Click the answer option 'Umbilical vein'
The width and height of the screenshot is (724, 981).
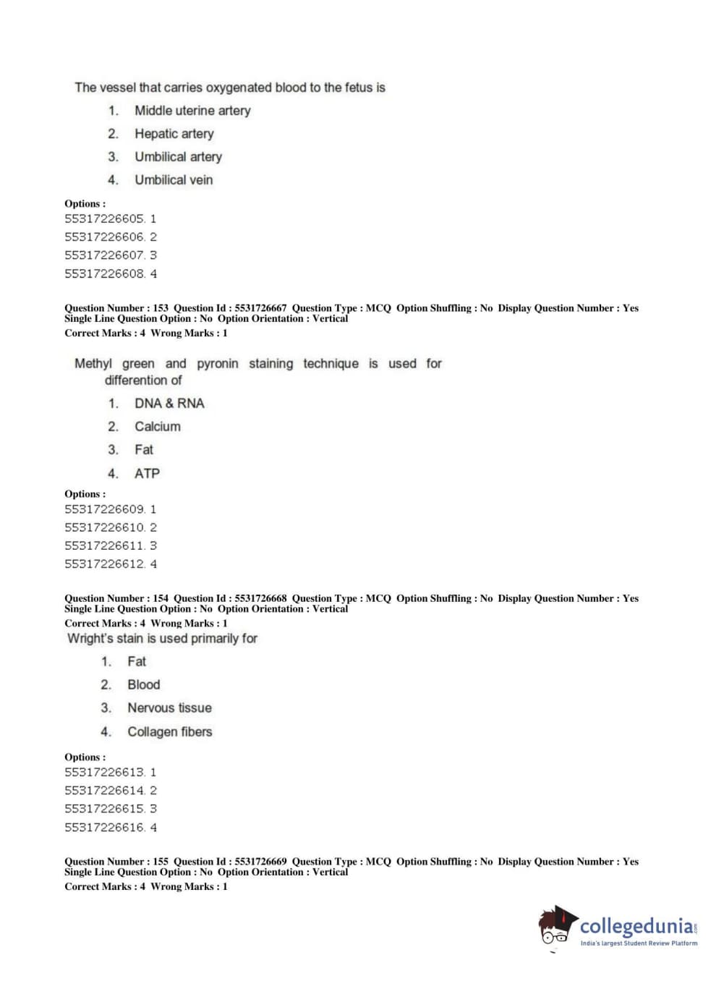[x=174, y=180]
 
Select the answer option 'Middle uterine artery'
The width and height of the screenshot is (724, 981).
[x=192, y=111]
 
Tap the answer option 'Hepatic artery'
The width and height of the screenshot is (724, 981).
[x=174, y=134]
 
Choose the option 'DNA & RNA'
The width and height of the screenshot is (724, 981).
[x=169, y=404]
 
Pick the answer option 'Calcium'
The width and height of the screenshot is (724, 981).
[x=157, y=427]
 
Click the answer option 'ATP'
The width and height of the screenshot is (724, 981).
[x=147, y=474]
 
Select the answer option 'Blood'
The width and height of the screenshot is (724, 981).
[x=143, y=685]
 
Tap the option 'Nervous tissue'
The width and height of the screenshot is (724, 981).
[x=169, y=708]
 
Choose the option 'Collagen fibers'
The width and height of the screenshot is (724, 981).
[x=169, y=732]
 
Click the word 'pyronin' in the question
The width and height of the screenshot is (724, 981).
[x=217, y=364]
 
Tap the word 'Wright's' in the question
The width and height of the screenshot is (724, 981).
[x=90, y=639]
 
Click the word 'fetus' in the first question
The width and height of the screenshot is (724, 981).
[x=357, y=88]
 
